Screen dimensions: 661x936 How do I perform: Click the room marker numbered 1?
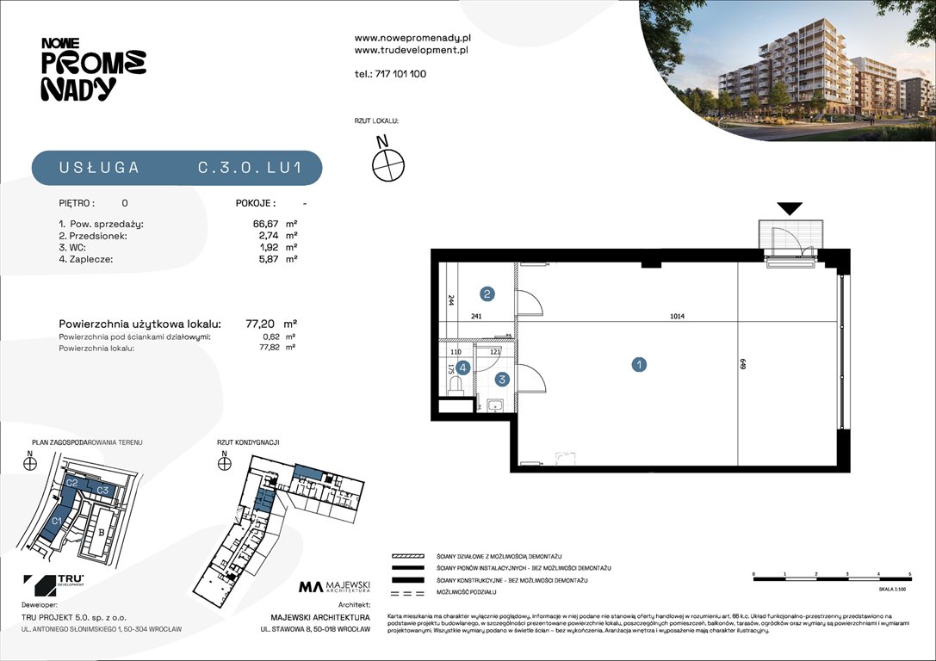coord(639,365)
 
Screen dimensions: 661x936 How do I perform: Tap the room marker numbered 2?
coord(487,294)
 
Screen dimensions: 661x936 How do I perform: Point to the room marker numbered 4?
coord(463,368)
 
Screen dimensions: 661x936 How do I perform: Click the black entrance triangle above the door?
coord(790,208)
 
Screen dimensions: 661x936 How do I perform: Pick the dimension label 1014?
coord(676,316)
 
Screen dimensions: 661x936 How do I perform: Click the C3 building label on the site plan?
coord(102,490)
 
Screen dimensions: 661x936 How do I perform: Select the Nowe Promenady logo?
coord(93,70)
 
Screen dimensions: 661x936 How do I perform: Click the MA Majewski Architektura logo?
coord(335,587)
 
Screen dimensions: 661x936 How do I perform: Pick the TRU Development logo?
coord(53,585)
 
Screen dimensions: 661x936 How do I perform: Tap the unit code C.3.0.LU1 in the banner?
coord(249,169)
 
